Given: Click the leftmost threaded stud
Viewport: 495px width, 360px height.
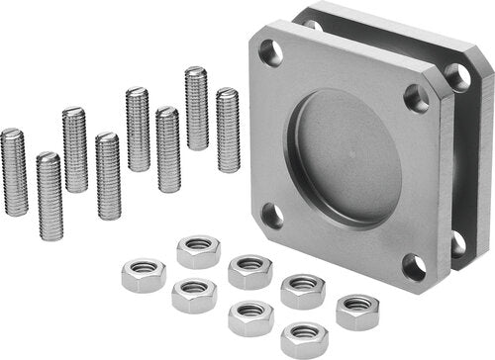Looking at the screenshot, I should [x=14, y=172].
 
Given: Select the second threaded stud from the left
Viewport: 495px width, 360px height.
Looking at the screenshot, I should [x=49, y=196].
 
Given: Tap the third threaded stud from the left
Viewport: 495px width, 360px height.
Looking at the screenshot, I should [x=74, y=149].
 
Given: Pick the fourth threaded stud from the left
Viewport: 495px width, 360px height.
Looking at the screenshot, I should [x=108, y=176].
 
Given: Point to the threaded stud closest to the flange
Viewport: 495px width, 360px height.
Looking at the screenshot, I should [x=228, y=130].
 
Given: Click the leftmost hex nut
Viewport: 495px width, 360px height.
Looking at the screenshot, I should [x=144, y=275].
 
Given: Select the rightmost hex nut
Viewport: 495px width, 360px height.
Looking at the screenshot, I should [x=357, y=312].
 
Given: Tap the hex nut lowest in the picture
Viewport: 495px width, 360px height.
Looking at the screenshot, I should [x=304, y=339].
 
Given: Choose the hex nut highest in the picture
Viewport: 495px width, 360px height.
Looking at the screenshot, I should [x=198, y=251].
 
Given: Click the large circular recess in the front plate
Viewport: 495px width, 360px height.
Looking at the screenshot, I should [x=347, y=159].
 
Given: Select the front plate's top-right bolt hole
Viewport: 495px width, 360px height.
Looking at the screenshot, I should [x=416, y=97].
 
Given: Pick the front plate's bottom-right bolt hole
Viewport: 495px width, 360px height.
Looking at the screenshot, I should [x=414, y=266].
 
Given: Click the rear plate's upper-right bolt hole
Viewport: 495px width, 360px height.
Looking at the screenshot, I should [x=457, y=76].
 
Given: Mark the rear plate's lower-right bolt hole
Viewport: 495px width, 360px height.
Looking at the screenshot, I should [x=457, y=241].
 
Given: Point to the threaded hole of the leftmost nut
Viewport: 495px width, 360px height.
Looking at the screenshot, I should [x=145, y=269].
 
